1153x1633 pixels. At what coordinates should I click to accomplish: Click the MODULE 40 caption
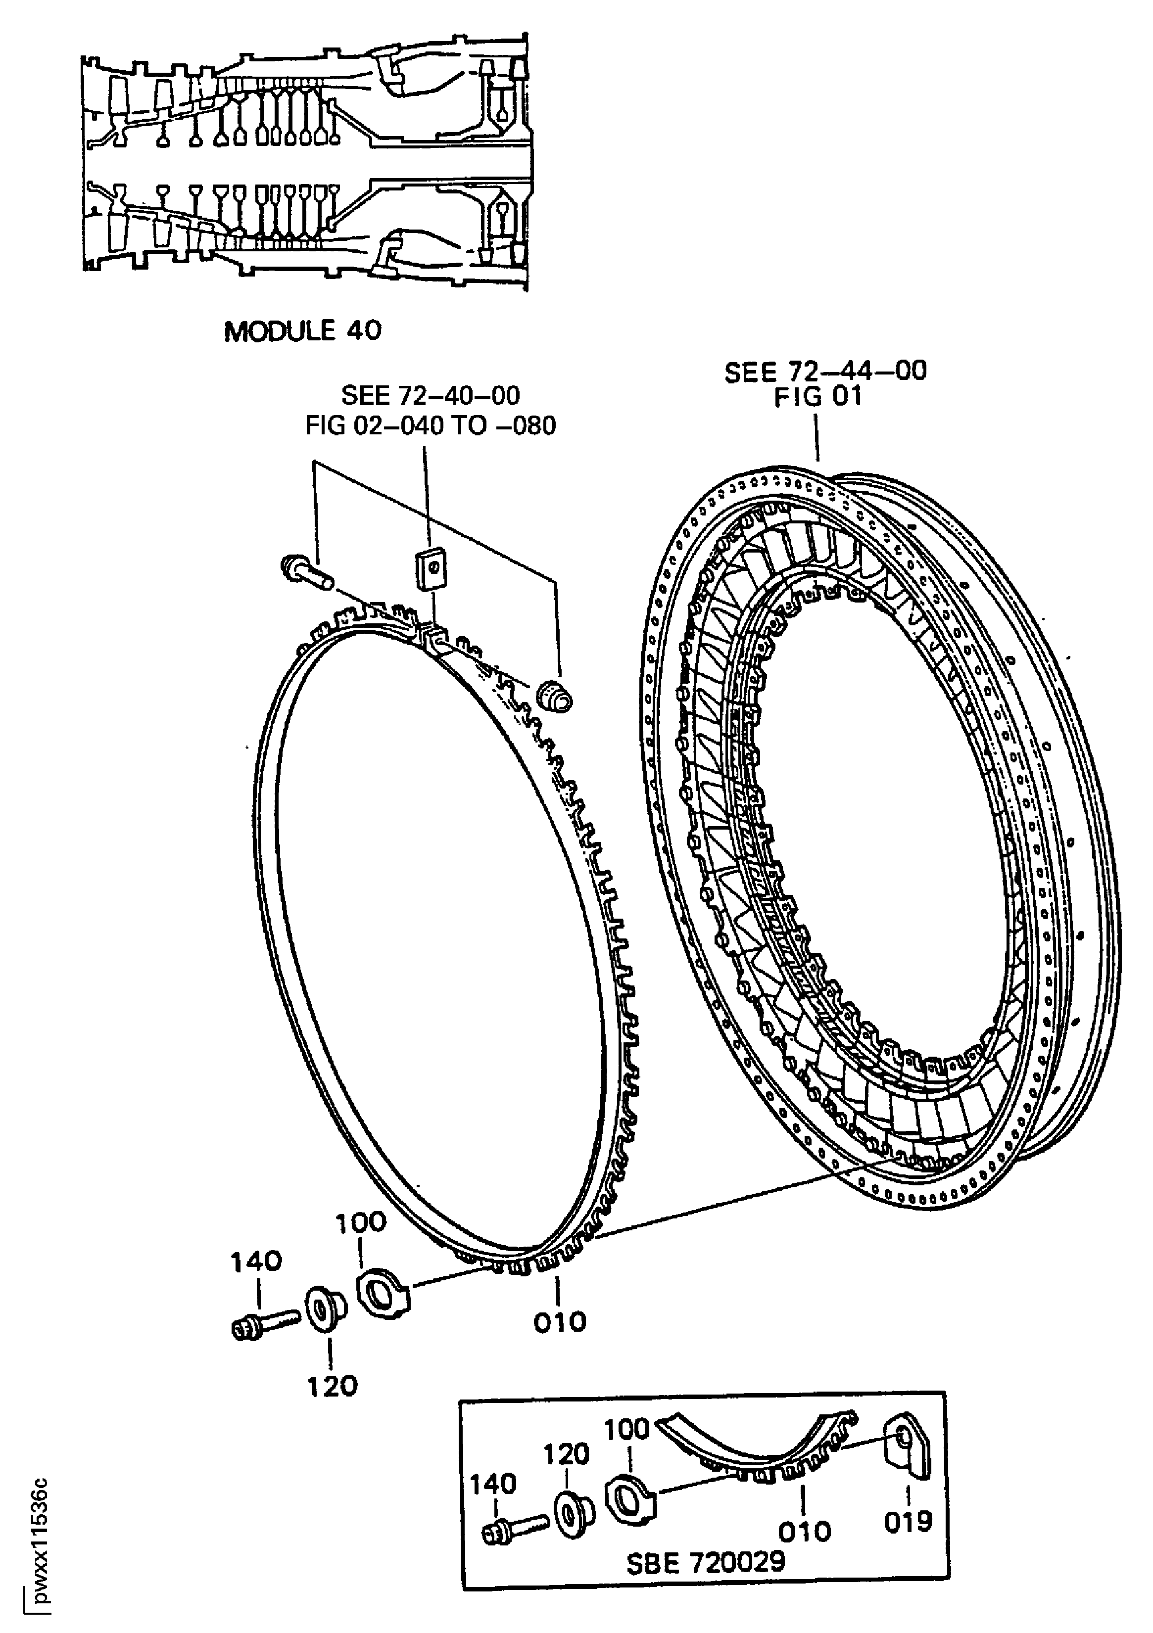tap(302, 331)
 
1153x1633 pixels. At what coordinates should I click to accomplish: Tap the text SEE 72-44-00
tap(825, 372)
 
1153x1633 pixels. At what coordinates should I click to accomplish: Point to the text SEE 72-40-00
tap(431, 395)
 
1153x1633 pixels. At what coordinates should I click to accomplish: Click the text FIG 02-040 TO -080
tap(431, 425)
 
